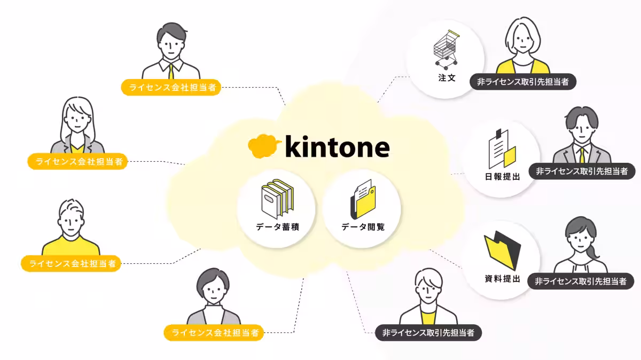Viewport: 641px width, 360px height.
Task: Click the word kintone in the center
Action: tap(338, 146)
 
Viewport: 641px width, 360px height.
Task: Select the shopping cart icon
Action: tap(446, 50)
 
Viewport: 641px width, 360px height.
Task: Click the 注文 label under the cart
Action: tap(447, 78)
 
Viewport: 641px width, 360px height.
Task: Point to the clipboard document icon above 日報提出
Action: tap(502, 149)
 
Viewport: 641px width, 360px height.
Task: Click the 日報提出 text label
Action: tap(503, 177)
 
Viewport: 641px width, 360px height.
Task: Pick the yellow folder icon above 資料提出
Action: tap(502, 251)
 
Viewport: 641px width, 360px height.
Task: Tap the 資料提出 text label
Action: tap(503, 278)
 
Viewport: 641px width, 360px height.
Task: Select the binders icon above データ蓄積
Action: tap(277, 199)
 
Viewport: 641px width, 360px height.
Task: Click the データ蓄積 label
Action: tap(277, 227)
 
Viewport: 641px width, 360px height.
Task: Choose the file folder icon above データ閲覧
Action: tap(363, 199)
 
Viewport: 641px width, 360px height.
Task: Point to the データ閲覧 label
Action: tap(363, 227)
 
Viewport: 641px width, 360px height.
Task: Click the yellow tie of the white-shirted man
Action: tap(171, 72)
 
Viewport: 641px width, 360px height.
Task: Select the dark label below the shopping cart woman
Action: tap(523, 82)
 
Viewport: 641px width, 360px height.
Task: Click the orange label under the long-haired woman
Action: tap(77, 161)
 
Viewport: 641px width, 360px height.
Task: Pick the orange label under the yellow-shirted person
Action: tap(71, 263)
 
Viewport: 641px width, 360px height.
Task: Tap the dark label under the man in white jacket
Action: tap(428, 333)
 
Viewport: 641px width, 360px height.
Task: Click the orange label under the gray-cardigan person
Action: tap(214, 333)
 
